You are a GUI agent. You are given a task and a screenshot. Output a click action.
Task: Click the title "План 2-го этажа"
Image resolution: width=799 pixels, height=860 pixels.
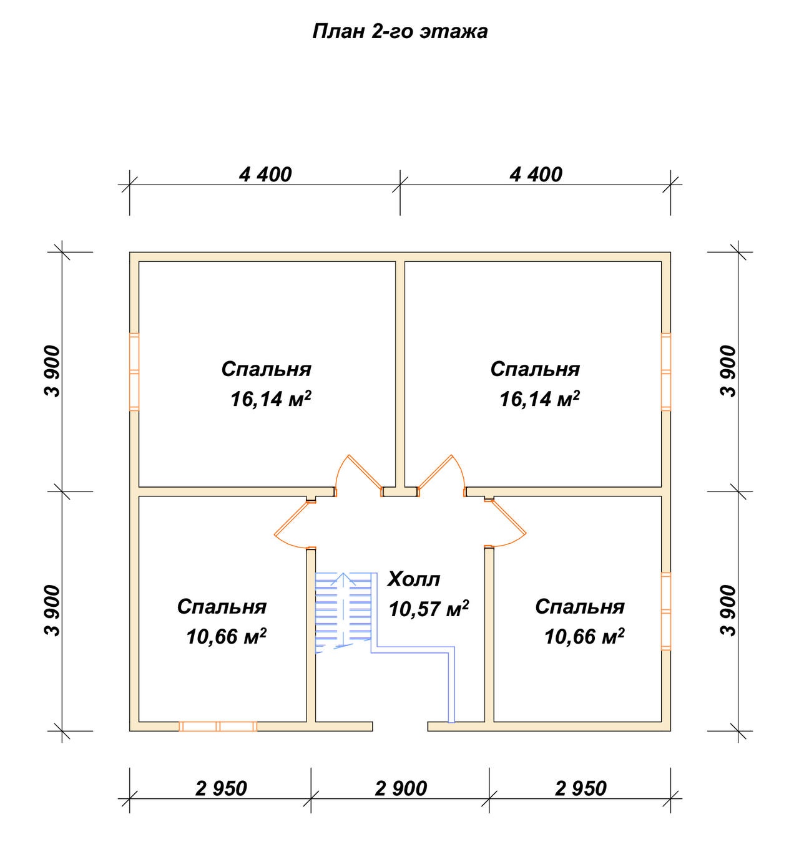pos(399,32)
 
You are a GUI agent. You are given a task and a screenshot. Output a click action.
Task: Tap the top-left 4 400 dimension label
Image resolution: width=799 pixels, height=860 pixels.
pos(265,175)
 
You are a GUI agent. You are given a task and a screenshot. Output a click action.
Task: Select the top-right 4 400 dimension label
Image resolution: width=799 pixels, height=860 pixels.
pos(536,175)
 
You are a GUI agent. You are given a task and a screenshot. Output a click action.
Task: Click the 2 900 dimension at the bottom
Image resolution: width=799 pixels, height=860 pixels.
pos(401,788)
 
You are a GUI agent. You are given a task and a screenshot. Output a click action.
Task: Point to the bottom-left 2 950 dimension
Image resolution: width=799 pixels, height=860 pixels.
pos(221,788)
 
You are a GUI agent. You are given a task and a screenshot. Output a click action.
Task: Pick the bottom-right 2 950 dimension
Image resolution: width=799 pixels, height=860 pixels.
pos(581,788)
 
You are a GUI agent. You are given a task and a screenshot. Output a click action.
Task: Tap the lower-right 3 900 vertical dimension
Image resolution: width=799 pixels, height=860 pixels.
pos(728,611)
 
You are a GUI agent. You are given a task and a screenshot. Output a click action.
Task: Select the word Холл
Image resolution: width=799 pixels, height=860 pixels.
pos(414,579)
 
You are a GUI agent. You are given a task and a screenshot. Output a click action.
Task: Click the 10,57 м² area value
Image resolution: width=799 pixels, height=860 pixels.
pos(429,609)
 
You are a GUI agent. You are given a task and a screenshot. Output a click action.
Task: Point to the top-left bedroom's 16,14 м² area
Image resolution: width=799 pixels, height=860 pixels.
pos(271,399)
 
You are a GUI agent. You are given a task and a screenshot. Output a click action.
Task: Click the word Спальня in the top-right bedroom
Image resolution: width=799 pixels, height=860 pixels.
pos(536,369)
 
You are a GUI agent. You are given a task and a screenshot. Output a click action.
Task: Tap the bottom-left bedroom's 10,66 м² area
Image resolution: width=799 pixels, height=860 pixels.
pos(227,636)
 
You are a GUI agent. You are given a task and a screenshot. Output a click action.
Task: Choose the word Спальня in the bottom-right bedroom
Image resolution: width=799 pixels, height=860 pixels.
pos(580,607)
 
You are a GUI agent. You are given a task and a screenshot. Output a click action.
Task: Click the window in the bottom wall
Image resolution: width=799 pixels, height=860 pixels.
pos(218,726)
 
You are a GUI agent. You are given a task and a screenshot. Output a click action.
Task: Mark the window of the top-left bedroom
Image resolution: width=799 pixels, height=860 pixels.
pos(134,372)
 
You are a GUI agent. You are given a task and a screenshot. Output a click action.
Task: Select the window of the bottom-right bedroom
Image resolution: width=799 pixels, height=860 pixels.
pos(666,611)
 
